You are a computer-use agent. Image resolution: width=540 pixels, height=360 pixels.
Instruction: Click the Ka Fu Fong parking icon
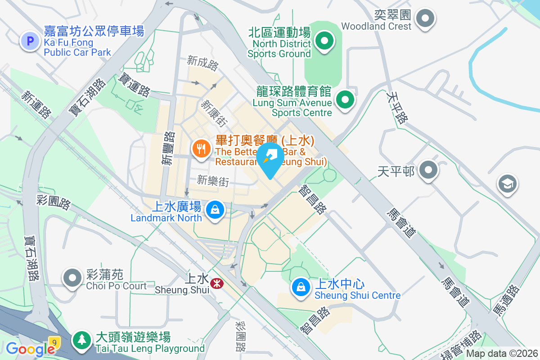tap(30, 41)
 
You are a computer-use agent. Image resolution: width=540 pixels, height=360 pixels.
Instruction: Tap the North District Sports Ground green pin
tap(324, 41)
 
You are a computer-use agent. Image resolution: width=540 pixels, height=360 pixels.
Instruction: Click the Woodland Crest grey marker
tap(425, 19)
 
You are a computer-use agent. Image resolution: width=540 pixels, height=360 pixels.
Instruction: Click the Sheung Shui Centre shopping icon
tap(300, 287)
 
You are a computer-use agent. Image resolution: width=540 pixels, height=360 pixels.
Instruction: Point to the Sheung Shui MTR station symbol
tap(216, 283)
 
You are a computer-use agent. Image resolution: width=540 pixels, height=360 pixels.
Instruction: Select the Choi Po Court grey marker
tap(72, 278)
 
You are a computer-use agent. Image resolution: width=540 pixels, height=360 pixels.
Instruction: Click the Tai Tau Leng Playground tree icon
tap(81, 340)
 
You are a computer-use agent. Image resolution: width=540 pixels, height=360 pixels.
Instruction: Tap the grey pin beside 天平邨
tap(428, 171)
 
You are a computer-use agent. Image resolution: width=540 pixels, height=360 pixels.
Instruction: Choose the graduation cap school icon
tap(507, 184)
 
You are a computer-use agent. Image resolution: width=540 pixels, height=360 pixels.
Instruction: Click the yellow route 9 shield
tap(54, 342)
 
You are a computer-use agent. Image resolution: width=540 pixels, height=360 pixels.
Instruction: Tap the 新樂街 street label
tap(213, 181)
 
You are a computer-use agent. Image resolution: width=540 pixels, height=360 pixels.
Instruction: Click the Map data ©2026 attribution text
tap(502, 354)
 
